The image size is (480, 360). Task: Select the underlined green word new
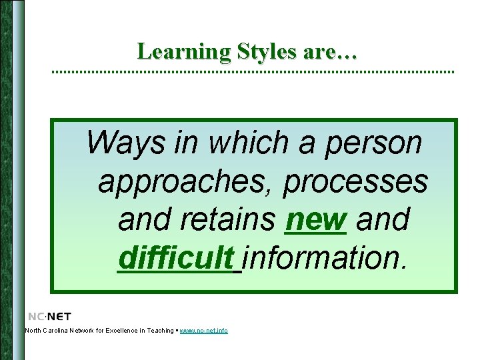point(315,220)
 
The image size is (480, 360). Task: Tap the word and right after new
point(383,220)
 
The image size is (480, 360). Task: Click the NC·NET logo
point(50,316)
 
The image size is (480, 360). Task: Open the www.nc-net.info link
point(204,331)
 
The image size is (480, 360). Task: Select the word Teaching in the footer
point(159,331)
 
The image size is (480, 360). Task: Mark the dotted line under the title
point(253,71)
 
